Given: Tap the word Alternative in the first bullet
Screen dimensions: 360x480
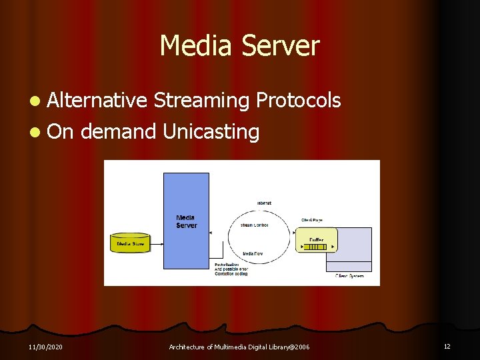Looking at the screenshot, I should [x=97, y=100].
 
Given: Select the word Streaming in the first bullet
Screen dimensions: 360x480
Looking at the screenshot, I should [x=201, y=100].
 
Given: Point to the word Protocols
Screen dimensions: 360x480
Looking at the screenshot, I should [x=299, y=100].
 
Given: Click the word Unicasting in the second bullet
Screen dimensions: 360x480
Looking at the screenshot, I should [x=211, y=131].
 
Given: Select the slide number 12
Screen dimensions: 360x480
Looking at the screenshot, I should [x=447, y=347].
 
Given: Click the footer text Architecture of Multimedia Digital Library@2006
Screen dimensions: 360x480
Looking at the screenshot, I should [x=239, y=347].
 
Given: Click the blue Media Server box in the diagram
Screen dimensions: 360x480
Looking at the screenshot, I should [x=186, y=221].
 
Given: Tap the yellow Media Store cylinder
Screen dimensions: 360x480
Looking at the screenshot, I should [x=131, y=243].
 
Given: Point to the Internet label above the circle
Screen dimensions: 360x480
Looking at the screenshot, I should [x=264, y=203].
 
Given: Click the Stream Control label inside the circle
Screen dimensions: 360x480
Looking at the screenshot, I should [x=254, y=225].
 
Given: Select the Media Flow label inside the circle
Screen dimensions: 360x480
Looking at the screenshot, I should [x=252, y=254].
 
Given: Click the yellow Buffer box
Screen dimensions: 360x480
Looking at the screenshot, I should [x=316, y=241].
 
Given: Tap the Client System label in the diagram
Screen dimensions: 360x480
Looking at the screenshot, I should [x=349, y=275].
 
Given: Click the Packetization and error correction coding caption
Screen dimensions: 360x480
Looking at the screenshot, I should [x=231, y=269].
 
